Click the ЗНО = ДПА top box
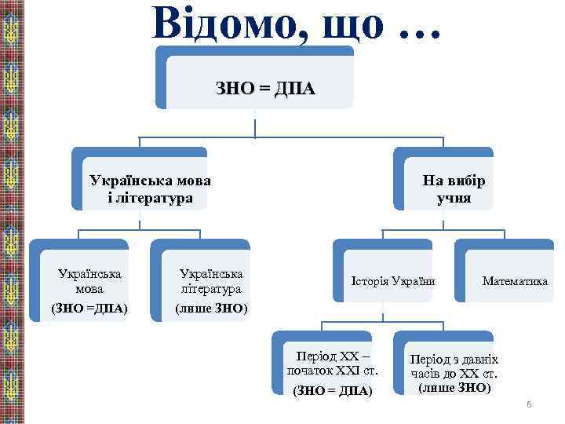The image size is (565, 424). click(x=265, y=88)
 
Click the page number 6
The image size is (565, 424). click(x=529, y=404)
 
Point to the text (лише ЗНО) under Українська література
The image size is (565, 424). click(x=211, y=308)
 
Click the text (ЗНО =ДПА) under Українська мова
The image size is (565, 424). click(x=89, y=308)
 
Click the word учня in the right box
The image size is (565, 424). click(x=454, y=198)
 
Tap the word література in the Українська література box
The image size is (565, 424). click(x=211, y=290)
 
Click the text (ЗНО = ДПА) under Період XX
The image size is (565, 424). click(x=332, y=391)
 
